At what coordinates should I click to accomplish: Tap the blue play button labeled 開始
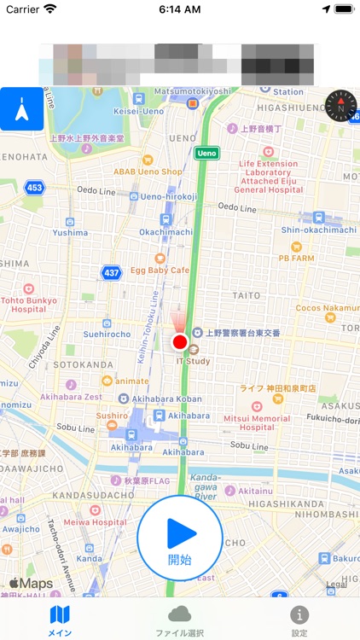[x=180, y=538]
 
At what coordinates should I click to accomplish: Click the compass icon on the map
[x=342, y=108]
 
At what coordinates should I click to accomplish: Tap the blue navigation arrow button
[x=21, y=108]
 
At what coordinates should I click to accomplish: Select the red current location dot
[x=180, y=343]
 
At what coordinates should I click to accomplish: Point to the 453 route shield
[x=35, y=187]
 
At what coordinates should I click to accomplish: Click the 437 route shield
[x=111, y=272]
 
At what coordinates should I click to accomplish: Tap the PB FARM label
[x=296, y=256]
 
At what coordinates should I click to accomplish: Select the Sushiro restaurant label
[x=112, y=416]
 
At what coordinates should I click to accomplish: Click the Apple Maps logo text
[x=31, y=584]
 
